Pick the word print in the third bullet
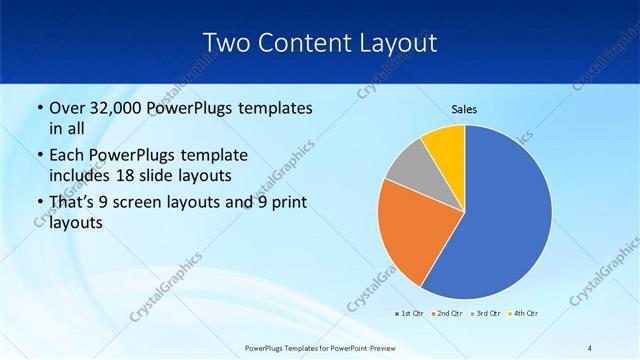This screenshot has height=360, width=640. pos(285,203)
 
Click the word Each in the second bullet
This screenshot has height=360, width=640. pos(66,156)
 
